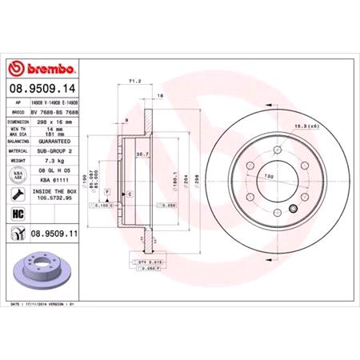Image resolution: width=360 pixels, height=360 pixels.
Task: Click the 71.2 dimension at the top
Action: point(134,82)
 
